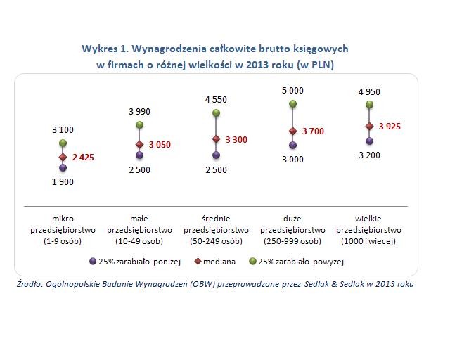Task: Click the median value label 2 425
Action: pos(82,157)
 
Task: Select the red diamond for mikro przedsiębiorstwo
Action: pos(63,157)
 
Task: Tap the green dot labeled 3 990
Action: pos(139,125)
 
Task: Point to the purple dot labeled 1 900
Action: pos(63,168)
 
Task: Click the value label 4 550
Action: pos(216,100)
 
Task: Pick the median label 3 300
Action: pos(236,140)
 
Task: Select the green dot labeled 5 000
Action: pos(292,105)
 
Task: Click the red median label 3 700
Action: pos(313,131)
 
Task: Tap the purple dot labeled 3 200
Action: pos(370,141)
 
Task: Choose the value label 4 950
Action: pos(369,91)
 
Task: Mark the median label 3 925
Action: pos(390,127)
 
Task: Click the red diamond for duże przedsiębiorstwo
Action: pos(292,131)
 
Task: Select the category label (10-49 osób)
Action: pos(139,241)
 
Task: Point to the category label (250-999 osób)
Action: pos(292,241)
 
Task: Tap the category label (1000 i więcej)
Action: pos(369,241)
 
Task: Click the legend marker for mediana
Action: pos(199,261)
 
